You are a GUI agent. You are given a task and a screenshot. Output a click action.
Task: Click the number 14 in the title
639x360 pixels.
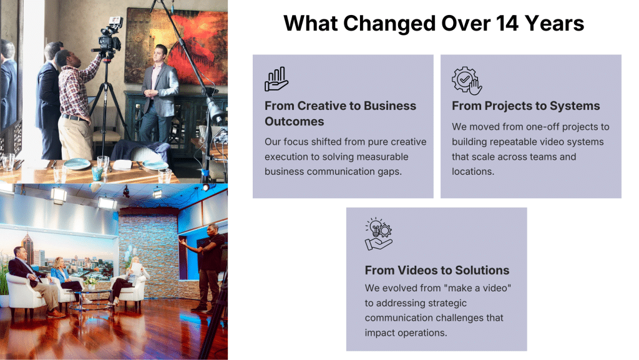pos(507,23)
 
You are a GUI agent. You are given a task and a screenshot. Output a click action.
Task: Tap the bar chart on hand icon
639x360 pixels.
pos(276,79)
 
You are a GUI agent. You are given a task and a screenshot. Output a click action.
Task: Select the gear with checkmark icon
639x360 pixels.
pos(467,80)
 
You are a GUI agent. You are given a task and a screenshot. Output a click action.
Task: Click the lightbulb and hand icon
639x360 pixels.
pos(378,234)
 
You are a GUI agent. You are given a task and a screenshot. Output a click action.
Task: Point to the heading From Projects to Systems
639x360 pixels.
pos(525,106)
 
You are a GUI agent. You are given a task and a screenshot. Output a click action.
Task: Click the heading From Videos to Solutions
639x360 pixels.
pos(437,270)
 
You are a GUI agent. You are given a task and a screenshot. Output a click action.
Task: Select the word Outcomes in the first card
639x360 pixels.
pos(295,122)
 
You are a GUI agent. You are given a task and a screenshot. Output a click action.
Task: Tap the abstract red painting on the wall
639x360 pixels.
pos(177,46)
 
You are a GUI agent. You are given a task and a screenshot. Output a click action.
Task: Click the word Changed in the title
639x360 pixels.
pos(389,23)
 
